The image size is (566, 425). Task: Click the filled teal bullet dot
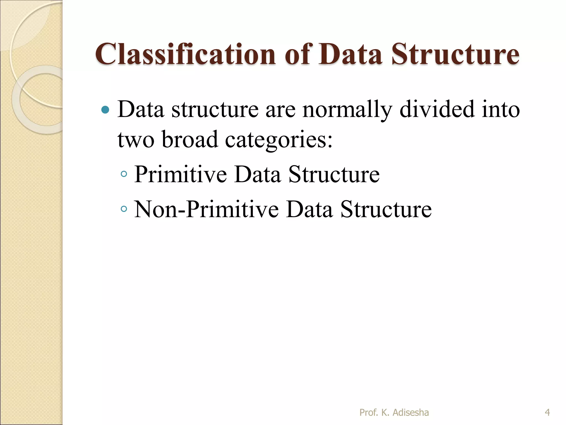point(105,110)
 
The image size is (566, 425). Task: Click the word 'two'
point(136,140)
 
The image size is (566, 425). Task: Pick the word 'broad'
point(190,139)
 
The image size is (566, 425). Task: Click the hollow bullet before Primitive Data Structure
point(124,174)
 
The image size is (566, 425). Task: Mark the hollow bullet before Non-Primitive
point(124,209)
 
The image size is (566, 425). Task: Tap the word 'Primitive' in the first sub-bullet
point(180,174)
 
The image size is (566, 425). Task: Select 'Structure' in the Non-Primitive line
point(386,209)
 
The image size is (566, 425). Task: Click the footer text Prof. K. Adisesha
point(394,413)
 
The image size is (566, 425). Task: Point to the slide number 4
point(547,413)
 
